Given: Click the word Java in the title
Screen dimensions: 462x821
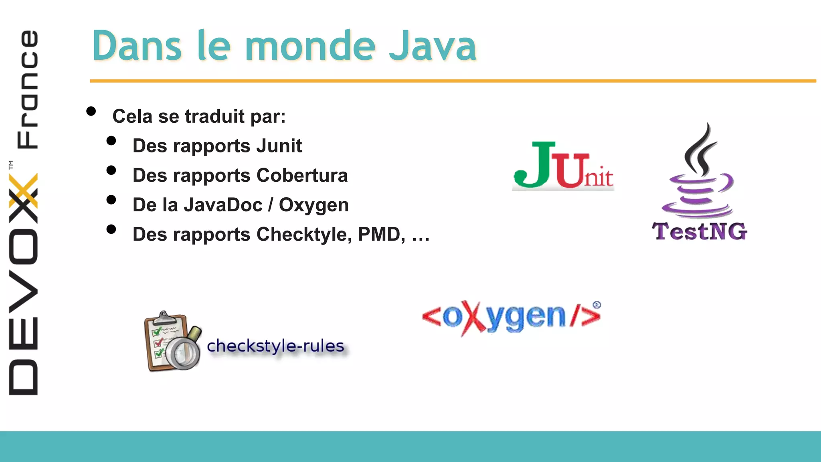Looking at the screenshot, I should pos(433,46).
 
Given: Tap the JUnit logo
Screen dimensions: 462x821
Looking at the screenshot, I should pos(563,166).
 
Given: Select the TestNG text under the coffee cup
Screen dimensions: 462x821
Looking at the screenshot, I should pos(700,231).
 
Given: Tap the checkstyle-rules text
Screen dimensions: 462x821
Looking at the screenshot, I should pos(275,346).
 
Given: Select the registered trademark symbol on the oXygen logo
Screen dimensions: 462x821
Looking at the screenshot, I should pos(597,305).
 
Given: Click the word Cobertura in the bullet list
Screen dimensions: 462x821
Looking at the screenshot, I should pos(302,175).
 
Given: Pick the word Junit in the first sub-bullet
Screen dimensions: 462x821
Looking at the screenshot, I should pos(279,146).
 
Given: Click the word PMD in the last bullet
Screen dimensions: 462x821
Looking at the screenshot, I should pos(381,234).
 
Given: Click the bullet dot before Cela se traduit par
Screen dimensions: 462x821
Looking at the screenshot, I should pos(91,111).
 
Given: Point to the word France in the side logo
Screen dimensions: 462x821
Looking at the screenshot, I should pos(27,89).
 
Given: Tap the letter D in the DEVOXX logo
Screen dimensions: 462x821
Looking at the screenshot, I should pos(24,377).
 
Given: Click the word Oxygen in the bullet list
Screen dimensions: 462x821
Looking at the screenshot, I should pos(313,205).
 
